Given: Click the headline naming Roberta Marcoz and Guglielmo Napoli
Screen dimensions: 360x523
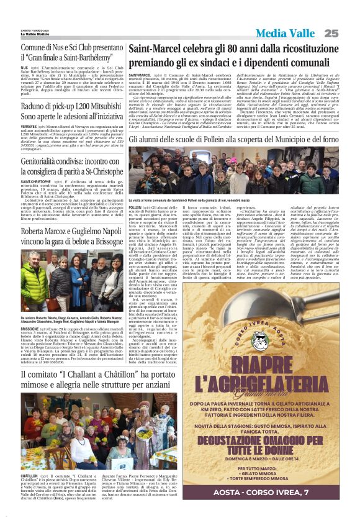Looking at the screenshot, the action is [x=72, y=235].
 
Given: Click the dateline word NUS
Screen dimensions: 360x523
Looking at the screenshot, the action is [x=24, y=67].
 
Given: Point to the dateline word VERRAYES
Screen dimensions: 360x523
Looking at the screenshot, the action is [x=30, y=125].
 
